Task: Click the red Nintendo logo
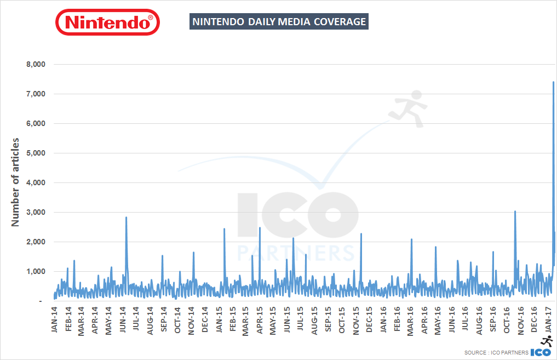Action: pyautogui.click(x=107, y=22)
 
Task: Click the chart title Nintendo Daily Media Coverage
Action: pyautogui.click(x=278, y=22)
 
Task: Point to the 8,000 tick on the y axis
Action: pyautogui.click(x=35, y=65)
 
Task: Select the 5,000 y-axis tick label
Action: pyautogui.click(x=35, y=153)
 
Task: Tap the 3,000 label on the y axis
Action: pyautogui.click(x=35, y=213)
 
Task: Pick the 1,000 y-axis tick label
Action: pyautogui.click(x=35, y=272)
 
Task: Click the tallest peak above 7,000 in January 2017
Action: pyautogui.click(x=553, y=82)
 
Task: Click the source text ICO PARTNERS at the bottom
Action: pyautogui.click(x=496, y=352)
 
